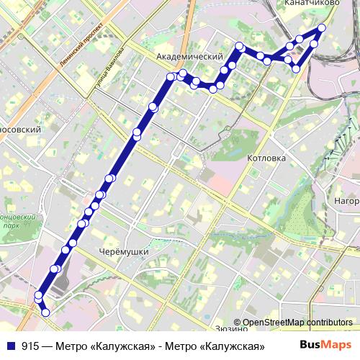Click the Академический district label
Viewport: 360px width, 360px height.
tap(189, 56)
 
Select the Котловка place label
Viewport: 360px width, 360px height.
tap(266, 158)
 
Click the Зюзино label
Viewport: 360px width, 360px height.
tap(231, 328)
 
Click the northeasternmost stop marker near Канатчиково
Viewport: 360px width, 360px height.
tap(322, 28)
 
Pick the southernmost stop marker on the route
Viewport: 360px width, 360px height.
tap(45, 312)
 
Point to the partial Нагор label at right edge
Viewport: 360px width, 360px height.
tap(346, 201)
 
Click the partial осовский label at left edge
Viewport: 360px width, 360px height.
tap(19, 130)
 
